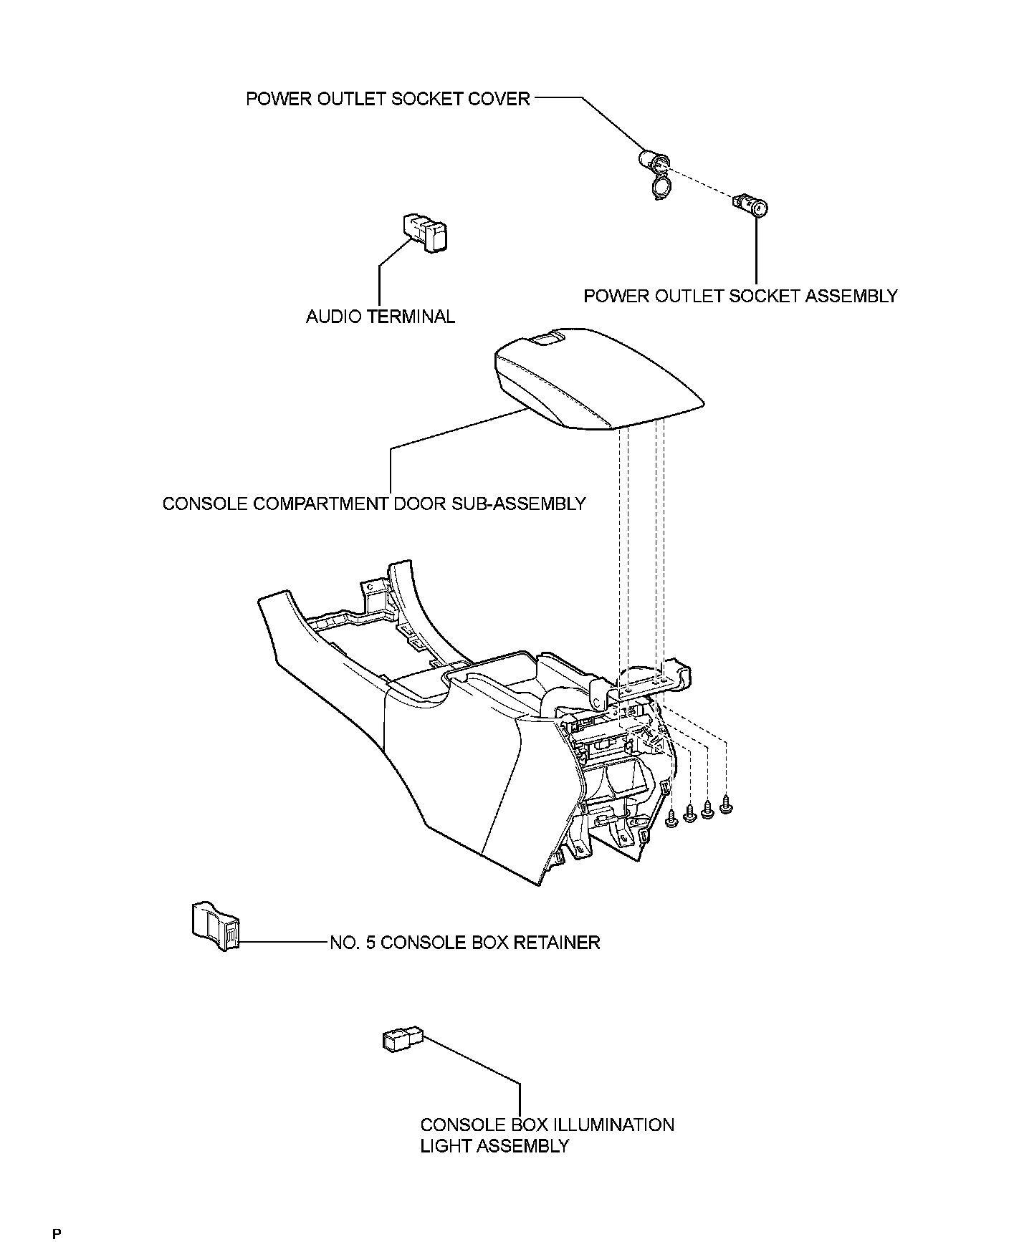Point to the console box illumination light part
(403, 1039)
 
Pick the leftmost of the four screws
(671, 818)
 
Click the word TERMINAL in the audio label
(411, 317)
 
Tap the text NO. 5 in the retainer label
(352, 942)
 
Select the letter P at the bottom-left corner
(57, 1233)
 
